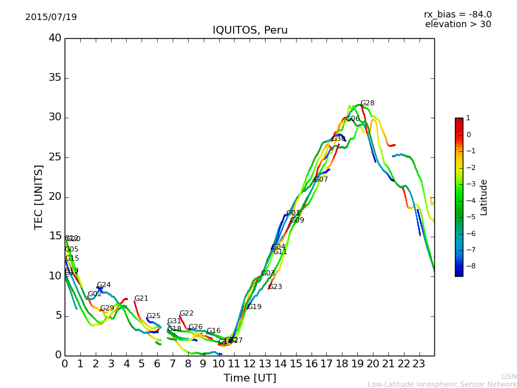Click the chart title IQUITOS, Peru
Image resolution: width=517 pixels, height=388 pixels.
click(x=250, y=30)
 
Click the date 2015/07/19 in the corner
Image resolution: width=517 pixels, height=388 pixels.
click(x=51, y=17)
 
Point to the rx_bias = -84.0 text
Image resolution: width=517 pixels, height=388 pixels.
click(x=458, y=14)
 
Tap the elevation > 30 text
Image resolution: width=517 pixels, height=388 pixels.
click(x=458, y=25)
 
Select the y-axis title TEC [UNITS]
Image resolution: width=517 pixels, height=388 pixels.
click(x=39, y=197)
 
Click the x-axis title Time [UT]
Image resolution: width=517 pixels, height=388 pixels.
click(x=249, y=378)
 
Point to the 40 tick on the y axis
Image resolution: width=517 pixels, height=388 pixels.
click(x=55, y=38)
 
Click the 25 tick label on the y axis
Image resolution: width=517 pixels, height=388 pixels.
click(x=55, y=157)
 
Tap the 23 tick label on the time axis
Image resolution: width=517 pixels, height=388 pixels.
click(x=419, y=364)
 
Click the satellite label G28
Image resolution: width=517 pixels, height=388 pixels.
click(x=367, y=103)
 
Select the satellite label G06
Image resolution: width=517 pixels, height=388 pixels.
click(x=352, y=119)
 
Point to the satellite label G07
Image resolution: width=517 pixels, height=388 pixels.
click(x=321, y=180)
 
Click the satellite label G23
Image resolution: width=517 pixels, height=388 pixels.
click(x=275, y=287)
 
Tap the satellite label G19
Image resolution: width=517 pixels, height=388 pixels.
click(x=254, y=307)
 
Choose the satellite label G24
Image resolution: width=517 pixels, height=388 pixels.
click(x=103, y=285)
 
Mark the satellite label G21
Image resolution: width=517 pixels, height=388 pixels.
click(x=141, y=299)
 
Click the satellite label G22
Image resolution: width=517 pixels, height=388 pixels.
click(x=186, y=314)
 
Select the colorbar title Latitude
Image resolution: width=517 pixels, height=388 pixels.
click(x=484, y=197)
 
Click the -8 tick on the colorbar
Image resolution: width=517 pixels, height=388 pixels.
click(x=469, y=266)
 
